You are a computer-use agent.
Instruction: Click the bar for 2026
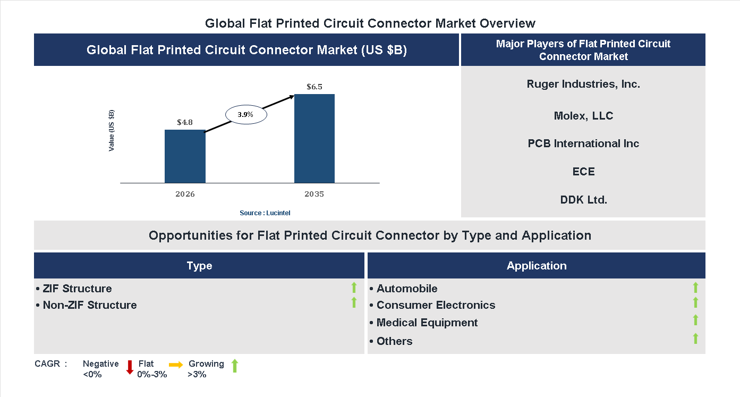click(x=185, y=156)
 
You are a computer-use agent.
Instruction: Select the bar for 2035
click(x=314, y=139)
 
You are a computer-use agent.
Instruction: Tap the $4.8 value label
click(x=185, y=122)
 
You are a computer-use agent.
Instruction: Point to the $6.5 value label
click(x=314, y=87)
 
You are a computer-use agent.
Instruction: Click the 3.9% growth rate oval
click(x=245, y=115)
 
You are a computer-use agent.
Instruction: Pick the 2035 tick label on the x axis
click(x=314, y=194)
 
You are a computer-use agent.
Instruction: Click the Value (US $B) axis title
click(x=112, y=131)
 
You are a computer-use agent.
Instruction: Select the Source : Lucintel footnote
click(x=265, y=213)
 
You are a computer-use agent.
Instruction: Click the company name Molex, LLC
click(x=583, y=116)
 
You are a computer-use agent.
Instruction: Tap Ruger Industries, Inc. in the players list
click(x=583, y=84)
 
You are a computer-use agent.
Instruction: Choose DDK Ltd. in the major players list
click(x=583, y=200)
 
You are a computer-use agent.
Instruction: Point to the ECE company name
click(x=583, y=172)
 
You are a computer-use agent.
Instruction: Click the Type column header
click(x=199, y=266)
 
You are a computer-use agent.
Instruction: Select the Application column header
click(x=536, y=266)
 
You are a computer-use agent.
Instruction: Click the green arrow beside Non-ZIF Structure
click(x=354, y=303)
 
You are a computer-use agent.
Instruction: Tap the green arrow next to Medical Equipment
click(x=695, y=320)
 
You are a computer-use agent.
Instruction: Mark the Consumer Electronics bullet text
click(x=436, y=305)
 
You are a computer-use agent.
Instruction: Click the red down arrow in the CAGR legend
click(x=130, y=367)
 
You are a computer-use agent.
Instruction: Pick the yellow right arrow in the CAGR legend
click(x=176, y=365)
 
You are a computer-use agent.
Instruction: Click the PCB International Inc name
click(x=583, y=143)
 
